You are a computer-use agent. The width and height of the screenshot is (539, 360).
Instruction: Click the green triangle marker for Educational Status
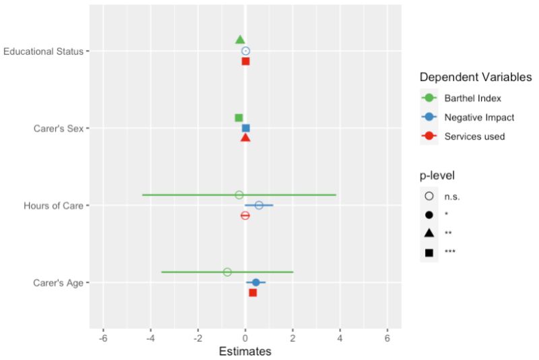(x=240, y=40)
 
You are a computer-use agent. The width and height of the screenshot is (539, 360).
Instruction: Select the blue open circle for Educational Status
(x=245, y=51)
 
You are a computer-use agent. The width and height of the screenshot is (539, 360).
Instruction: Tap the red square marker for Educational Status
(x=245, y=61)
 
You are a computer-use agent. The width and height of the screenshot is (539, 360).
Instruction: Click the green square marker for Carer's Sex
(x=239, y=118)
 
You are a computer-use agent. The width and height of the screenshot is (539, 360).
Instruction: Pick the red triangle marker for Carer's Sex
(x=245, y=138)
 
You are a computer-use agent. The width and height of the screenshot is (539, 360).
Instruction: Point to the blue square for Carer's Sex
(x=246, y=128)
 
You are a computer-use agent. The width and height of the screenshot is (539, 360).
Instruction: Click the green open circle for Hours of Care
(x=239, y=195)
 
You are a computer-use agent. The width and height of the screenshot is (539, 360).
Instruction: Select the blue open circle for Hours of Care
(x=259, y=205)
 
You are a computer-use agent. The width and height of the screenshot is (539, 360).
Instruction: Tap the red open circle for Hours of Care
(x=245, y=216)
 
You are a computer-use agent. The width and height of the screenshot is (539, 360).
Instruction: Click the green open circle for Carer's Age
(x=227, y=272)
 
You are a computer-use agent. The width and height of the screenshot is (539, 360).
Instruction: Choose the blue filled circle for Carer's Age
(x=255, y=282)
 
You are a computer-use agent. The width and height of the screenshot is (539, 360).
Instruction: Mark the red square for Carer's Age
(x=253, y=293)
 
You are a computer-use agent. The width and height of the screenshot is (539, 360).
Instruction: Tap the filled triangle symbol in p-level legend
(x=429, y=233)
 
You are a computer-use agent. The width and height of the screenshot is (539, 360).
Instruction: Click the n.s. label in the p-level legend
(x=452, y=197)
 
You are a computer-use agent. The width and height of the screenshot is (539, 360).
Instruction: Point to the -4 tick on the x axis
(x=150, y=338)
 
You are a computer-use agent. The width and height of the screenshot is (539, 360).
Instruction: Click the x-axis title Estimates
(x=245, y=351)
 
